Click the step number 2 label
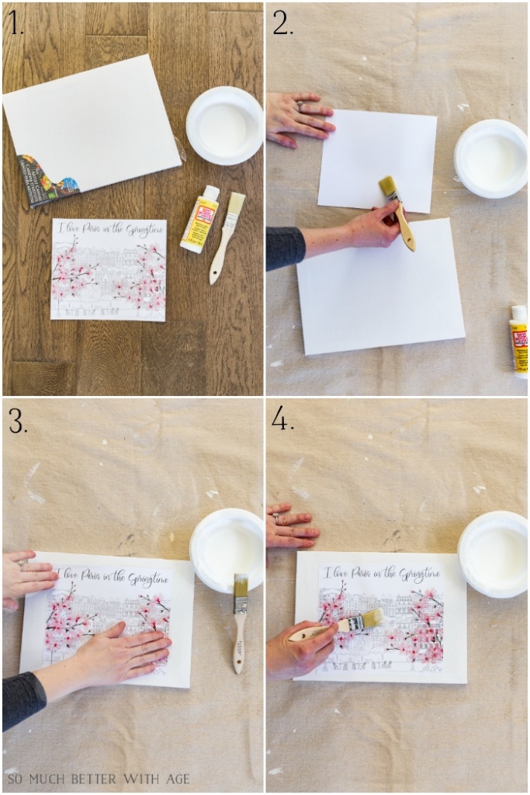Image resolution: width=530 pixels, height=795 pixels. coord(282,25)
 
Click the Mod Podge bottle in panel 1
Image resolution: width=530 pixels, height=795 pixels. coord(199,220)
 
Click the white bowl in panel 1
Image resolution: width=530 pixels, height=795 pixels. coord(224,125)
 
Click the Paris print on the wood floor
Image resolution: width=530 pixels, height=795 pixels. coord(109,269)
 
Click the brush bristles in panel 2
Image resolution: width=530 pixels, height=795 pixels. coord(388,189)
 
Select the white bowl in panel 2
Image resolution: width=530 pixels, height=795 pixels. coord(490,158)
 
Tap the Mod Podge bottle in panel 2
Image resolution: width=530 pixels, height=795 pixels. coord(518,339)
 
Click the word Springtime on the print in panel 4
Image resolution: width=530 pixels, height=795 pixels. coord(419,575)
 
